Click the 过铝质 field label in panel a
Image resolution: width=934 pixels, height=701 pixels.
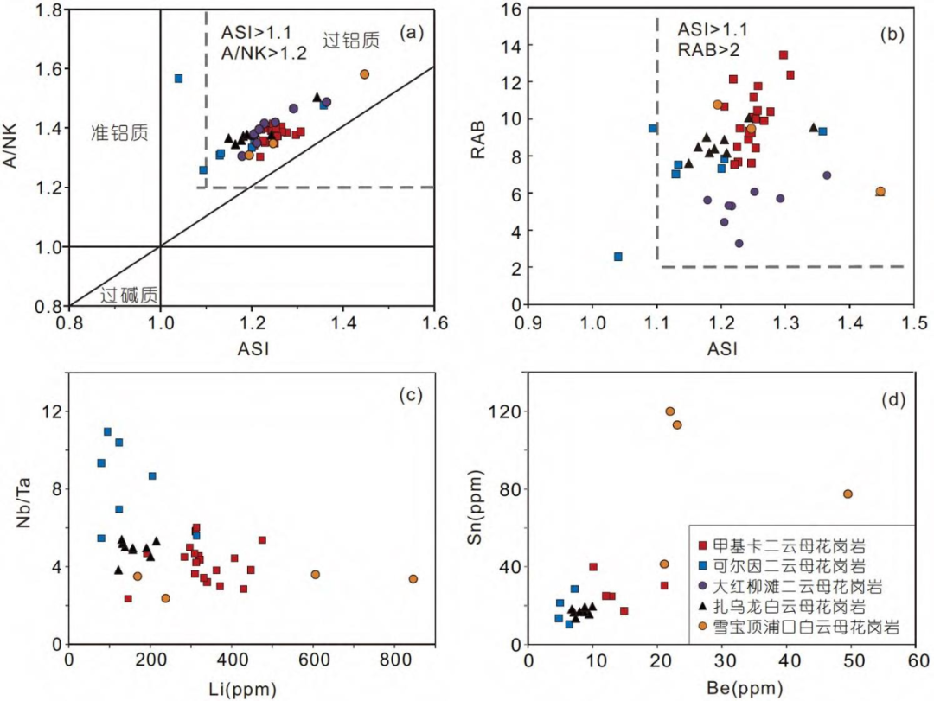351,40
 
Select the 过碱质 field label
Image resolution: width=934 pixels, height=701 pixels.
130,295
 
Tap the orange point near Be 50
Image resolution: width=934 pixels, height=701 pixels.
848,494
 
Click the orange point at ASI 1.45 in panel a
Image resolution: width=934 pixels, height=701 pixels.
365,74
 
